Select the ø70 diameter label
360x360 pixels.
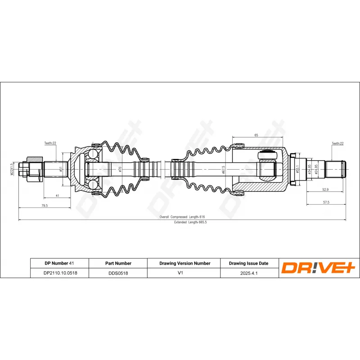[x=120, y=169]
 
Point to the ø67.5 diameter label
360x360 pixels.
[x=223, y=170]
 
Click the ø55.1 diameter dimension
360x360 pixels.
[x=298, y=170]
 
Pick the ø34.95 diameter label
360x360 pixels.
[x=310, y=170]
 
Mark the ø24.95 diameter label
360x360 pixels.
[x=317, y=170]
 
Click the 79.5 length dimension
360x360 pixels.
[x=45, y=205]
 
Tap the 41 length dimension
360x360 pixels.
[x=57, y=196]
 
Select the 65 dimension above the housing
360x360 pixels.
[x=256, y=135]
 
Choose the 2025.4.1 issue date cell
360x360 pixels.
[x=248, y=273]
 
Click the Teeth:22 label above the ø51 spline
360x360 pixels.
[x=50, y=143]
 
